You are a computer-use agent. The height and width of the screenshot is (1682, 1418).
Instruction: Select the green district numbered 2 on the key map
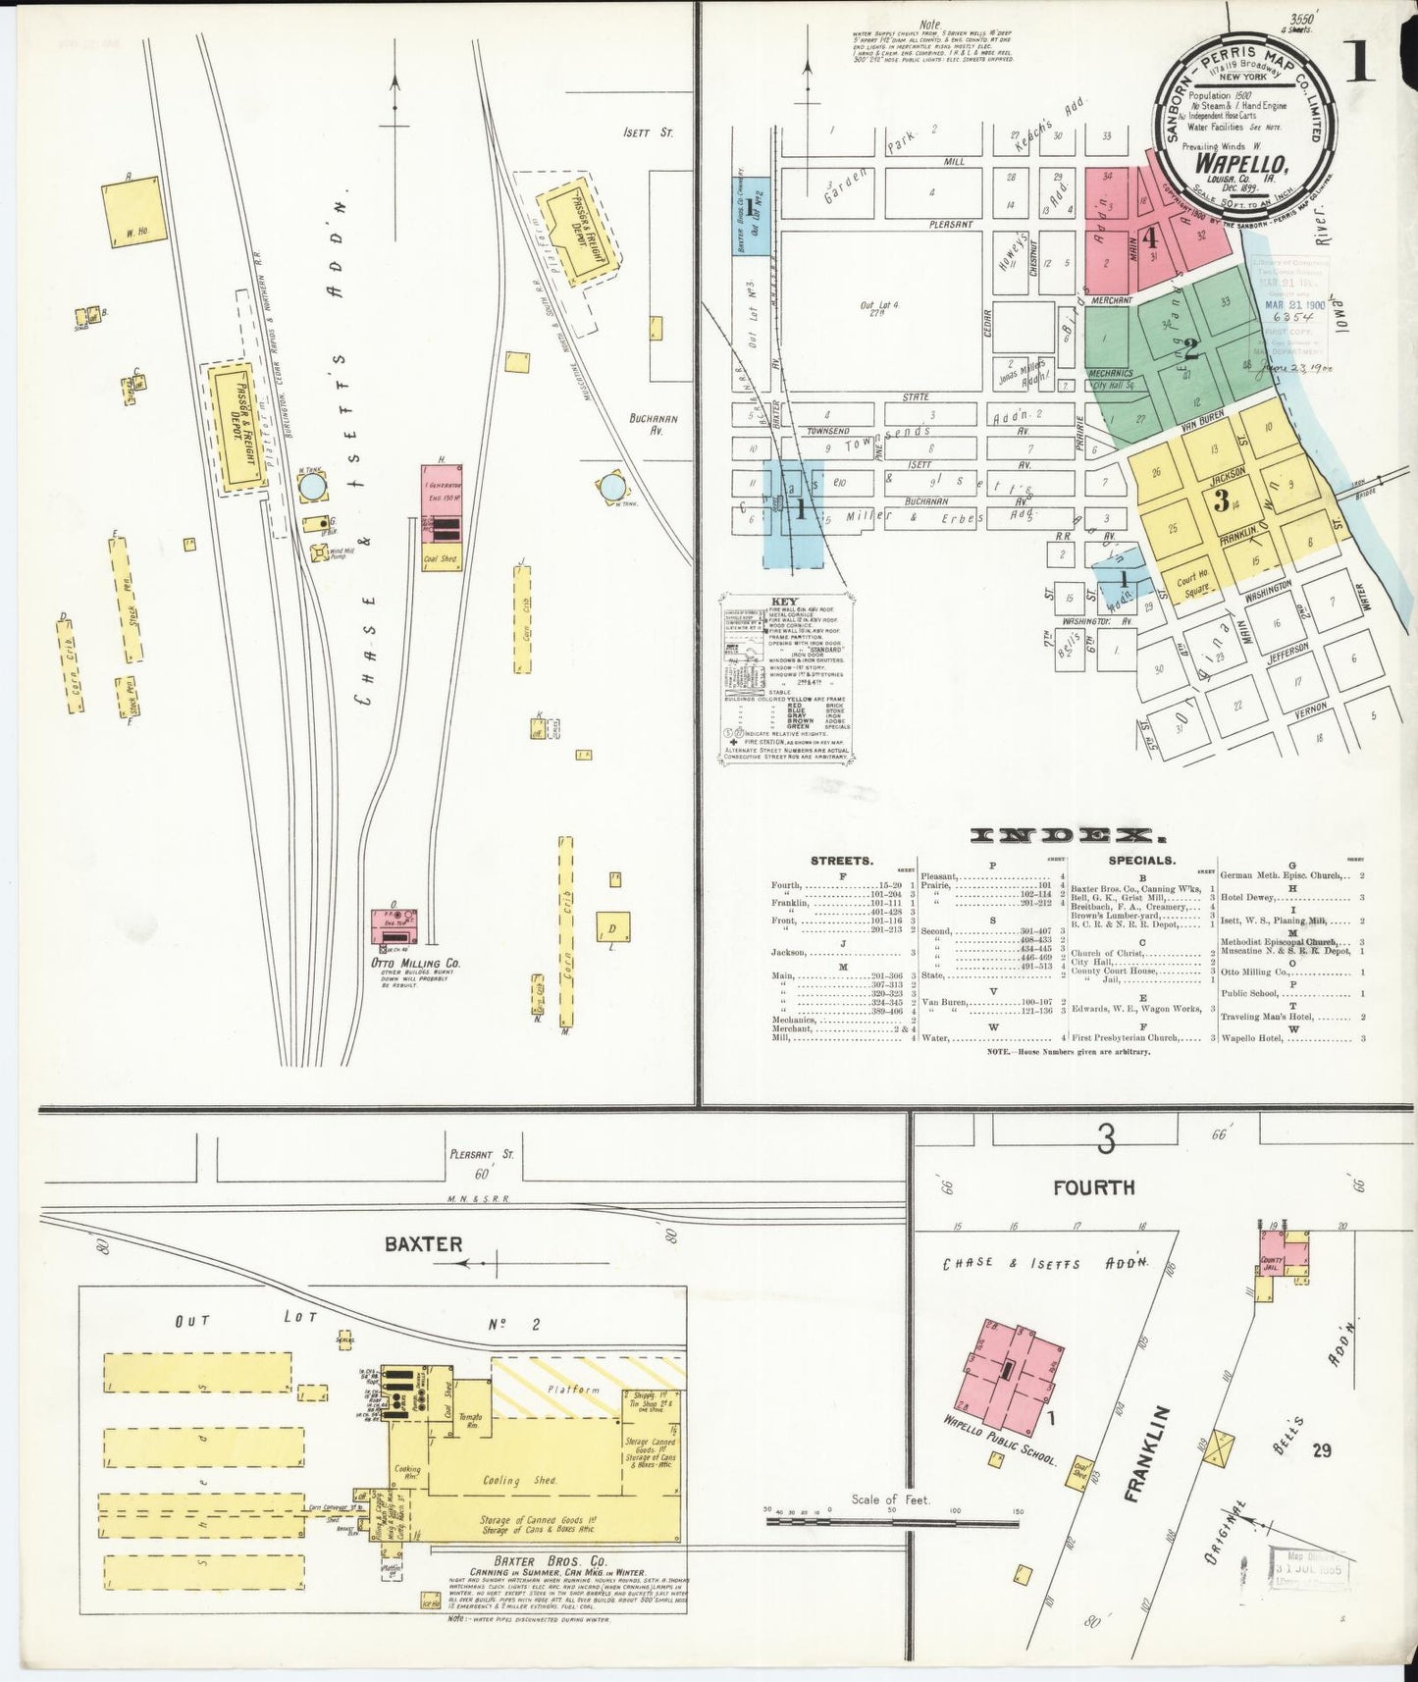(x=1190, y=348)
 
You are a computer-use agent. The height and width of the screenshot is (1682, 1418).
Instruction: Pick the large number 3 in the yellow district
(x=1220, y=500)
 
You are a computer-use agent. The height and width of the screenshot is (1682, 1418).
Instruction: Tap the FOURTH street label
(x=1093, y=1187)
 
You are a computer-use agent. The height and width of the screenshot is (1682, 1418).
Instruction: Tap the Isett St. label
(x=647, y=132)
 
